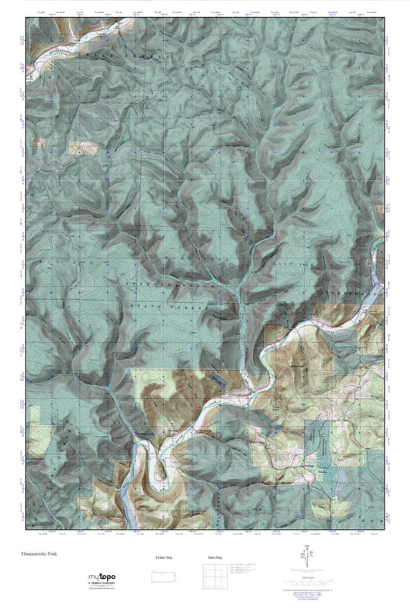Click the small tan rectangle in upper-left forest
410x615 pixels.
(78, 148)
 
